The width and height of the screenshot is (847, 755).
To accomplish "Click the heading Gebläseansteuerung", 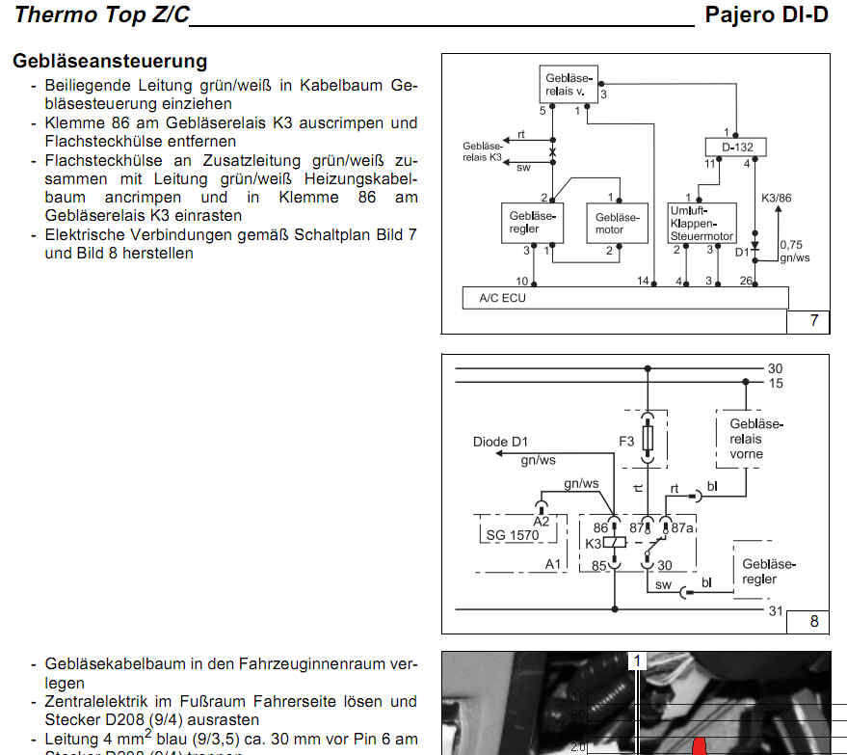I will click(110, 61).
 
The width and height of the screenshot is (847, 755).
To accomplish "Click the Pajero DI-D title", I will click(766, 14).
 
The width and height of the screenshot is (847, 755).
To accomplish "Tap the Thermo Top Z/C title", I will click(102, 14).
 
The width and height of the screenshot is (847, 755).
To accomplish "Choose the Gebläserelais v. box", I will click(567, 84).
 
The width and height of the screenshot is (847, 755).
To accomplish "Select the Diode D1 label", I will click(501, 443).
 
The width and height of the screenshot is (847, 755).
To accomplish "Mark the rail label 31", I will click(776, 610).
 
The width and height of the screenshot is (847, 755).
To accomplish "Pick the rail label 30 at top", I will click(776, 368).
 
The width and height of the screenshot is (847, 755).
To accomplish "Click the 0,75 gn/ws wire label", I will click(793, 251).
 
